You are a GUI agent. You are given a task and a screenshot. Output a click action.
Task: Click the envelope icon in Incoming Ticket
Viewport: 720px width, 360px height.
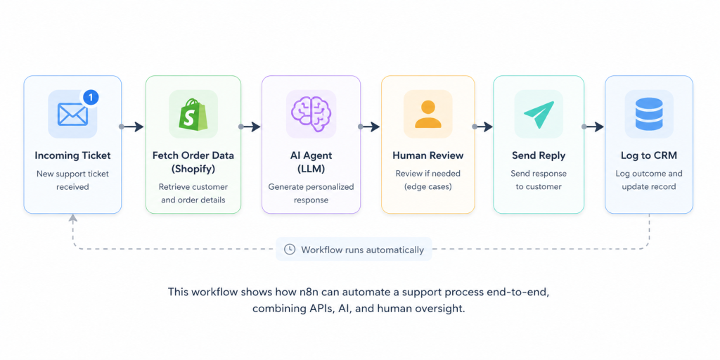(72, 114)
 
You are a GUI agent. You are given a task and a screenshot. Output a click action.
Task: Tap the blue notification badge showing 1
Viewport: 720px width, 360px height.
(91, 97)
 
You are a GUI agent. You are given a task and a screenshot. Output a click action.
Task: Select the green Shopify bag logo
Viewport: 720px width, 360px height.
(193, 114)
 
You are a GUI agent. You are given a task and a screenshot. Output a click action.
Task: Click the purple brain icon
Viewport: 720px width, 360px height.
(311, 114)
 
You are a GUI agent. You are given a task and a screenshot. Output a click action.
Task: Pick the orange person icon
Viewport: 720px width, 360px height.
(428, 114)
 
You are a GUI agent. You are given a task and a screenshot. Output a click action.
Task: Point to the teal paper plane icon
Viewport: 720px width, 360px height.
(539, 115)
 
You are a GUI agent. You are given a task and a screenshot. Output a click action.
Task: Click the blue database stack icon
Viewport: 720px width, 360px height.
(649, 114)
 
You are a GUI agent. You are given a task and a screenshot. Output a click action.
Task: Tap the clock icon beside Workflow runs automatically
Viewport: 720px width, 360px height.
(290, 250)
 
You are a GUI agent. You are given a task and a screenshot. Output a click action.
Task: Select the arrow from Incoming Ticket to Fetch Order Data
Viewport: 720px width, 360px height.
(132, 127)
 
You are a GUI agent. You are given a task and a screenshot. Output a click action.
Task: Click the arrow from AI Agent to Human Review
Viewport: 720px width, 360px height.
(370, 127)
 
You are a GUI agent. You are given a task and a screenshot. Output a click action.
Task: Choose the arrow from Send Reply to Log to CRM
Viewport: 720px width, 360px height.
(593, 127)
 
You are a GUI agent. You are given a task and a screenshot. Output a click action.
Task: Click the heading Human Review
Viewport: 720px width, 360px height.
(428, 155)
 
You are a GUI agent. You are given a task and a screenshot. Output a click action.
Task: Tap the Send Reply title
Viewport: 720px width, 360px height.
(539, 156)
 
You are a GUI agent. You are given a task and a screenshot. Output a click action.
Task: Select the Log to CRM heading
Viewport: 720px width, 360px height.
(649, 156)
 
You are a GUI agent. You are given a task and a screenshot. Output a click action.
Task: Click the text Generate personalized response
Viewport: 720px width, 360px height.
(311, 193)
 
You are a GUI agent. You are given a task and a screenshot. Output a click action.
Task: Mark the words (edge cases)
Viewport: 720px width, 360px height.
(428, 187)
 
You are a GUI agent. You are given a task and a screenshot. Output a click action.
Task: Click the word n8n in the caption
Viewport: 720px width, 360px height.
(310, 292)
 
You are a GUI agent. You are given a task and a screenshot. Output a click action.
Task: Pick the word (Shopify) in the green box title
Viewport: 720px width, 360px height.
(193, 169)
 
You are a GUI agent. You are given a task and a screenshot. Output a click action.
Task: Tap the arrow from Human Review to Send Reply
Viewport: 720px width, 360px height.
(482, 127)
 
